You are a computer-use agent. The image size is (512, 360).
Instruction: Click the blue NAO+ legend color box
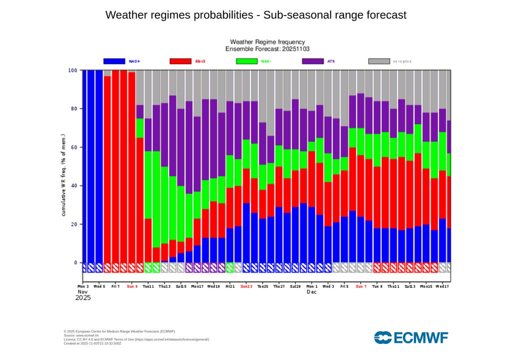pos(114,61)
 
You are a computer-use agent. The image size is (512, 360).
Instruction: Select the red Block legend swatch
pos(180,61)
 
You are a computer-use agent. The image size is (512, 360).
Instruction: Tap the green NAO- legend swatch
pos(246,61)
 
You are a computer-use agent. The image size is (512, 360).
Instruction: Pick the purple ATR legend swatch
pos(313,61)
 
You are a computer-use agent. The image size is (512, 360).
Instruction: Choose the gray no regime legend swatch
pos(379,61)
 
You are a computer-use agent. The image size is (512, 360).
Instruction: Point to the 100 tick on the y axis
pos(72,70)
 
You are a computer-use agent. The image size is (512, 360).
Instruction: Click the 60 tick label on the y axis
pos(74,147)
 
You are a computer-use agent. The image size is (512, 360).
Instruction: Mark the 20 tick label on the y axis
pos(74,224)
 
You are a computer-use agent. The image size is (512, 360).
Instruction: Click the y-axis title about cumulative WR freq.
pos(63,174)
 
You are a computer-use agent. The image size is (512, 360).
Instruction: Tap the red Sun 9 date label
pos(132,286)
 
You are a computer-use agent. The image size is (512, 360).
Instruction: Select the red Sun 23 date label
pos(246,286)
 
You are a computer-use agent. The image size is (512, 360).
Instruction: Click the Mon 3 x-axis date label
pos(83,286)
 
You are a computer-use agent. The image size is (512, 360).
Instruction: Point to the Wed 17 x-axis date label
pos(442,286)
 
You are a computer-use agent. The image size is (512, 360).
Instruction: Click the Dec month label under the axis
pos(311,291)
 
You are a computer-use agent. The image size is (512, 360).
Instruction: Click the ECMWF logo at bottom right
pos(411,337)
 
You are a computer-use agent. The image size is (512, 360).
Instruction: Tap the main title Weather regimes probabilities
pos(256,15)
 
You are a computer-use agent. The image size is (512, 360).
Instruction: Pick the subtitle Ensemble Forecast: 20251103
pos(267,49)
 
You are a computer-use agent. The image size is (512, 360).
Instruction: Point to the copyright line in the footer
pos(119,331)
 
